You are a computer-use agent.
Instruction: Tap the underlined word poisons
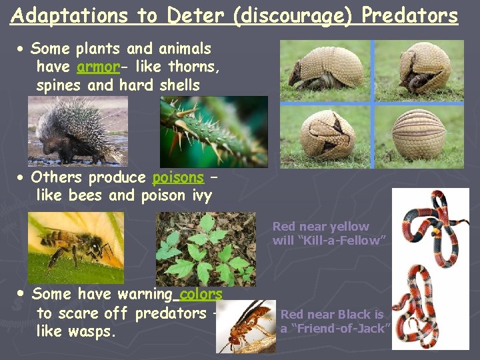click(178, 177)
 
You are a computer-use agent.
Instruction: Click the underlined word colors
click(201, 294)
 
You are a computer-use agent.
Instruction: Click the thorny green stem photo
click(213, 131)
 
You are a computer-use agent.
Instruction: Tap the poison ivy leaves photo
click(205, 248)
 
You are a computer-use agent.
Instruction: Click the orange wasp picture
click(249, 326)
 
